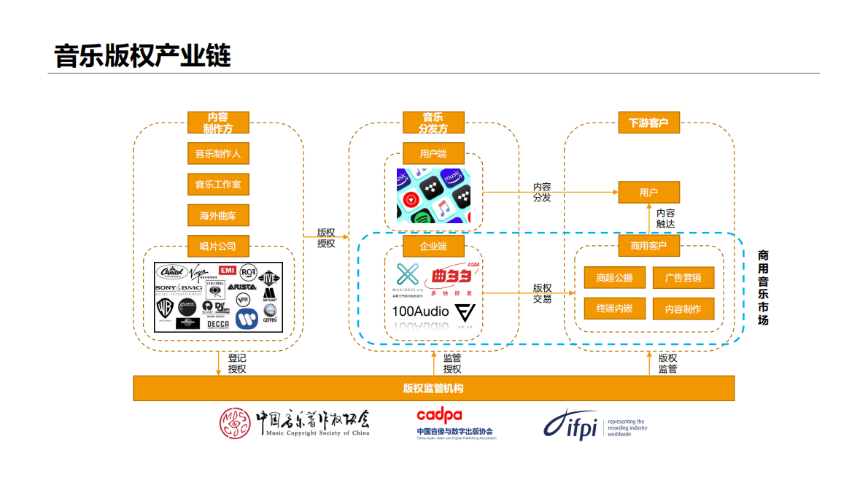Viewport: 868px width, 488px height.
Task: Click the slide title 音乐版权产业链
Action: coord(142,55)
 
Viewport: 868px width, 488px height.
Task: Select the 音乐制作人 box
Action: coord(218,154)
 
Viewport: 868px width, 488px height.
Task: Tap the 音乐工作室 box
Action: coord(218,185)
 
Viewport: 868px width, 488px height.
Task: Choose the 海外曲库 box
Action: coord(218,215)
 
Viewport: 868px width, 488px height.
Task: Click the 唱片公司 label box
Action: coord(218,246)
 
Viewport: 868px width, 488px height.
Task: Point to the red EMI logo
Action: coord(227,271)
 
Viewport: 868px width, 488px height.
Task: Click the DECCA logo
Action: coord(218,323)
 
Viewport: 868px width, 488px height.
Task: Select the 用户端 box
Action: coord(433,154)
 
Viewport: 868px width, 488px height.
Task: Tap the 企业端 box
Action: coord(433,246)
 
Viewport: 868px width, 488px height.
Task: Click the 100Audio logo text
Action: coord(420,311)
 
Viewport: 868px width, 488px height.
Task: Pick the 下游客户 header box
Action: coord(648,123)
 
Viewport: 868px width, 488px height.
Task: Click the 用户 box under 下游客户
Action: coord(648,193)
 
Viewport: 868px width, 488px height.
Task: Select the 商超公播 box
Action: coord(614,278)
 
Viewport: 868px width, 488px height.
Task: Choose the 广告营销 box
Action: coord(683,278)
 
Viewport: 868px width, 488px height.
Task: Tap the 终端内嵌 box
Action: coord(614,309)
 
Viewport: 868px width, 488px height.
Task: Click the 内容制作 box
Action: coord(683,309)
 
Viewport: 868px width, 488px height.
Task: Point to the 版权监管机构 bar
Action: coord(433,388)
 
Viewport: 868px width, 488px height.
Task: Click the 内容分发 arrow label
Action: coord(542,193)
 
